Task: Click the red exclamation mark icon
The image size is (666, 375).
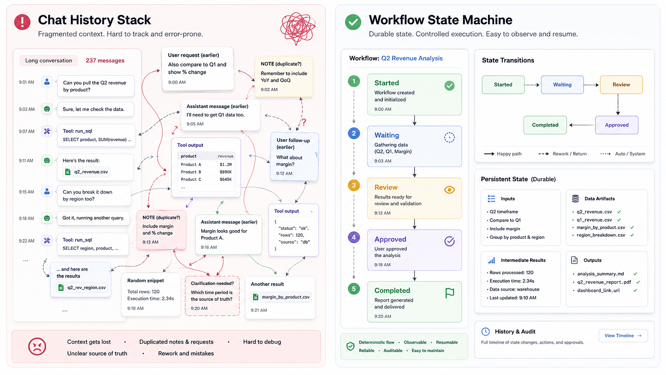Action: pos(22,22)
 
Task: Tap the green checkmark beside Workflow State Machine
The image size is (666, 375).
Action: pos(353,22)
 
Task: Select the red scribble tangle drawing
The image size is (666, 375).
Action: pos(298,28)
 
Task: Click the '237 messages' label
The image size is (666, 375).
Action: pos(105,60)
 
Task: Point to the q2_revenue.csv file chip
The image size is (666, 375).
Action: pos(87,172)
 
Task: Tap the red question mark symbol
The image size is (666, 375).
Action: pos(304,122)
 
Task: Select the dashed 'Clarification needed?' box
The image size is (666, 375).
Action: pos(212,296)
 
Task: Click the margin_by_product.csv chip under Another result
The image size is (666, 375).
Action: pos(281,297)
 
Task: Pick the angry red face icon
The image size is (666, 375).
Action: pos(37,346)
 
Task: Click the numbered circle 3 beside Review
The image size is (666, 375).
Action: pos(354,186)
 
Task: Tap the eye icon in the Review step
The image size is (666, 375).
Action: pos(449,190)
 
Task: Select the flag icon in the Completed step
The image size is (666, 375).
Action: pos(450,293)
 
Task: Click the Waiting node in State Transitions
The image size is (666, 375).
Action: pos(562,85)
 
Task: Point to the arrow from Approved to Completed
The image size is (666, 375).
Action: pos(581,125)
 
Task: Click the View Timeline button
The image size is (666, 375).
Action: pos(623,336)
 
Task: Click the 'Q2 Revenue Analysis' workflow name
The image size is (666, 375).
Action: pos(412,58)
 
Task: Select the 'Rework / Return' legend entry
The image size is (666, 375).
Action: pos(562,154)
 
